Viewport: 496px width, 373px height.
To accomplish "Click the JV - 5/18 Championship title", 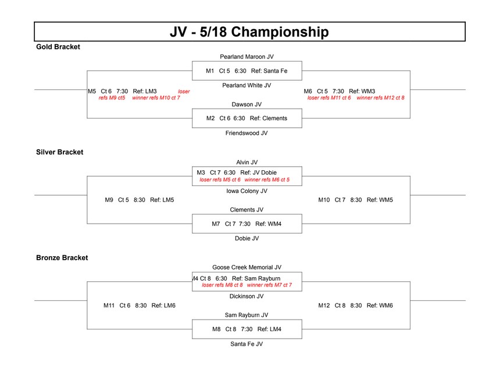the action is click(249, 32).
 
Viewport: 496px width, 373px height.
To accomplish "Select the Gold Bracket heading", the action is click(58, 47).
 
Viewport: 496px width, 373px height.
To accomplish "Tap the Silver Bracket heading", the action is click(59, 152).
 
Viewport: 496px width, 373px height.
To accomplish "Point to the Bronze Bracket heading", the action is click(62, 257).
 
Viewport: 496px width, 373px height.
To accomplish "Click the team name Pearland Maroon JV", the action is click(247, 57).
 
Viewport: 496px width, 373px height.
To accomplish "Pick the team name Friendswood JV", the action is click(247, 133).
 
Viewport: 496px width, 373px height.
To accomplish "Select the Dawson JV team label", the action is click(247, 105).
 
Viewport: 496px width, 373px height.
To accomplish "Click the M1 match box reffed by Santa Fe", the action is click(247, 71).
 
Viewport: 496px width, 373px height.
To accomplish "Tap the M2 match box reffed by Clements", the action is click(247, 118).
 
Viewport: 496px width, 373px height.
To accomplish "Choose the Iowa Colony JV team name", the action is click(247, 191).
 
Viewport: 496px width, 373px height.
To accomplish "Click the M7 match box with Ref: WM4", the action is click(247, 224).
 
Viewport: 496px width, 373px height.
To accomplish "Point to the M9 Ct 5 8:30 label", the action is click(125, 200).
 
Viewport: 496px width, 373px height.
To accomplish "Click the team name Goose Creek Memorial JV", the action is click(247, 267).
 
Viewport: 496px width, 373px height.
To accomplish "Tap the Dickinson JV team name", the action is click(247, 296).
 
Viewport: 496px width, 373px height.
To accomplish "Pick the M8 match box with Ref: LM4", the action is click(247, 329).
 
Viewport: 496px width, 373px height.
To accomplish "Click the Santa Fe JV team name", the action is click(247, 344).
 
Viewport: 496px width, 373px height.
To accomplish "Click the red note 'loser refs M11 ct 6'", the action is click(329, 98).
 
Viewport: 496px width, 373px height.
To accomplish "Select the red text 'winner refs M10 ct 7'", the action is click(156, 98).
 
